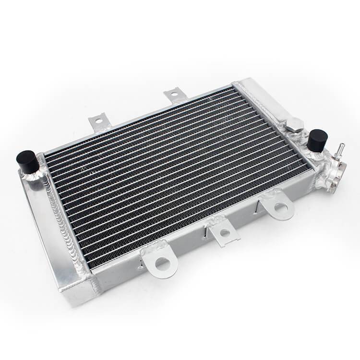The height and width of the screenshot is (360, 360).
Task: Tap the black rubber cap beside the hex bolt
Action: click(317, 139)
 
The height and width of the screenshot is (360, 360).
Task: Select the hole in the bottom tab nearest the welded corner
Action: click(162, 262)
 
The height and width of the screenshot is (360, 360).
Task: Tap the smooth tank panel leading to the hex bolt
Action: click(266, 103)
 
